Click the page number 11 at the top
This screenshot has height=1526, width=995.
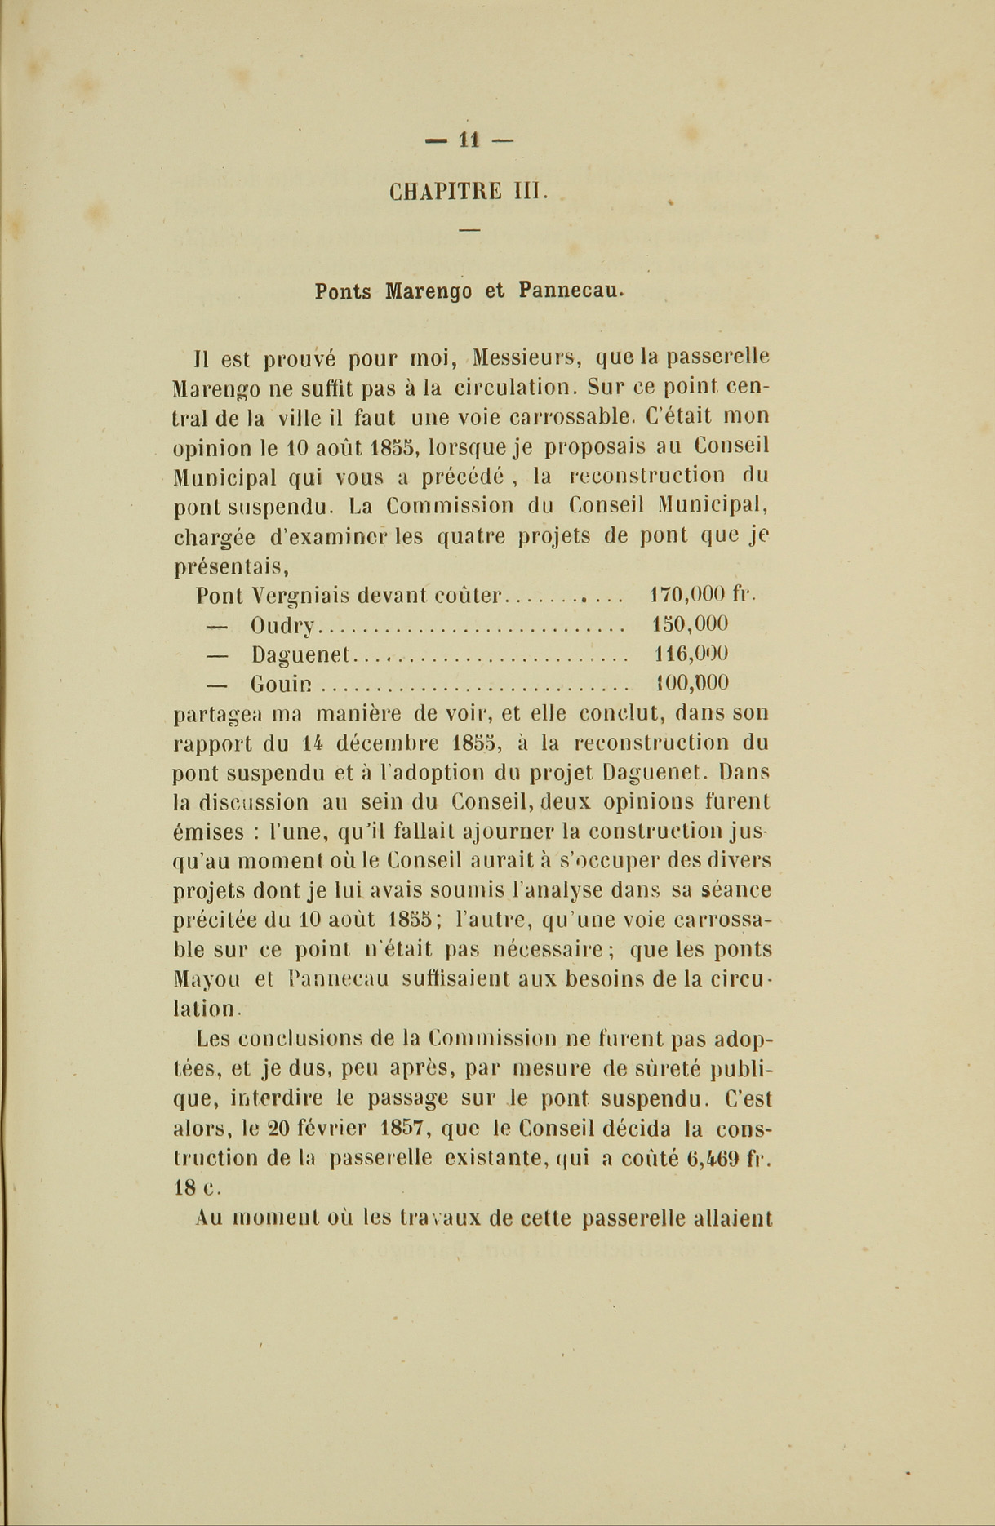click(468, 140)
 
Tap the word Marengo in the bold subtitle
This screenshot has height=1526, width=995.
click(429, 291)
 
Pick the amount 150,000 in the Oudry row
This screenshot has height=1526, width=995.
click(691, 624)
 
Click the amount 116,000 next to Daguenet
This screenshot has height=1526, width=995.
click(692, 654)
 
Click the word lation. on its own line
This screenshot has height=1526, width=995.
click(207, 1009)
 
